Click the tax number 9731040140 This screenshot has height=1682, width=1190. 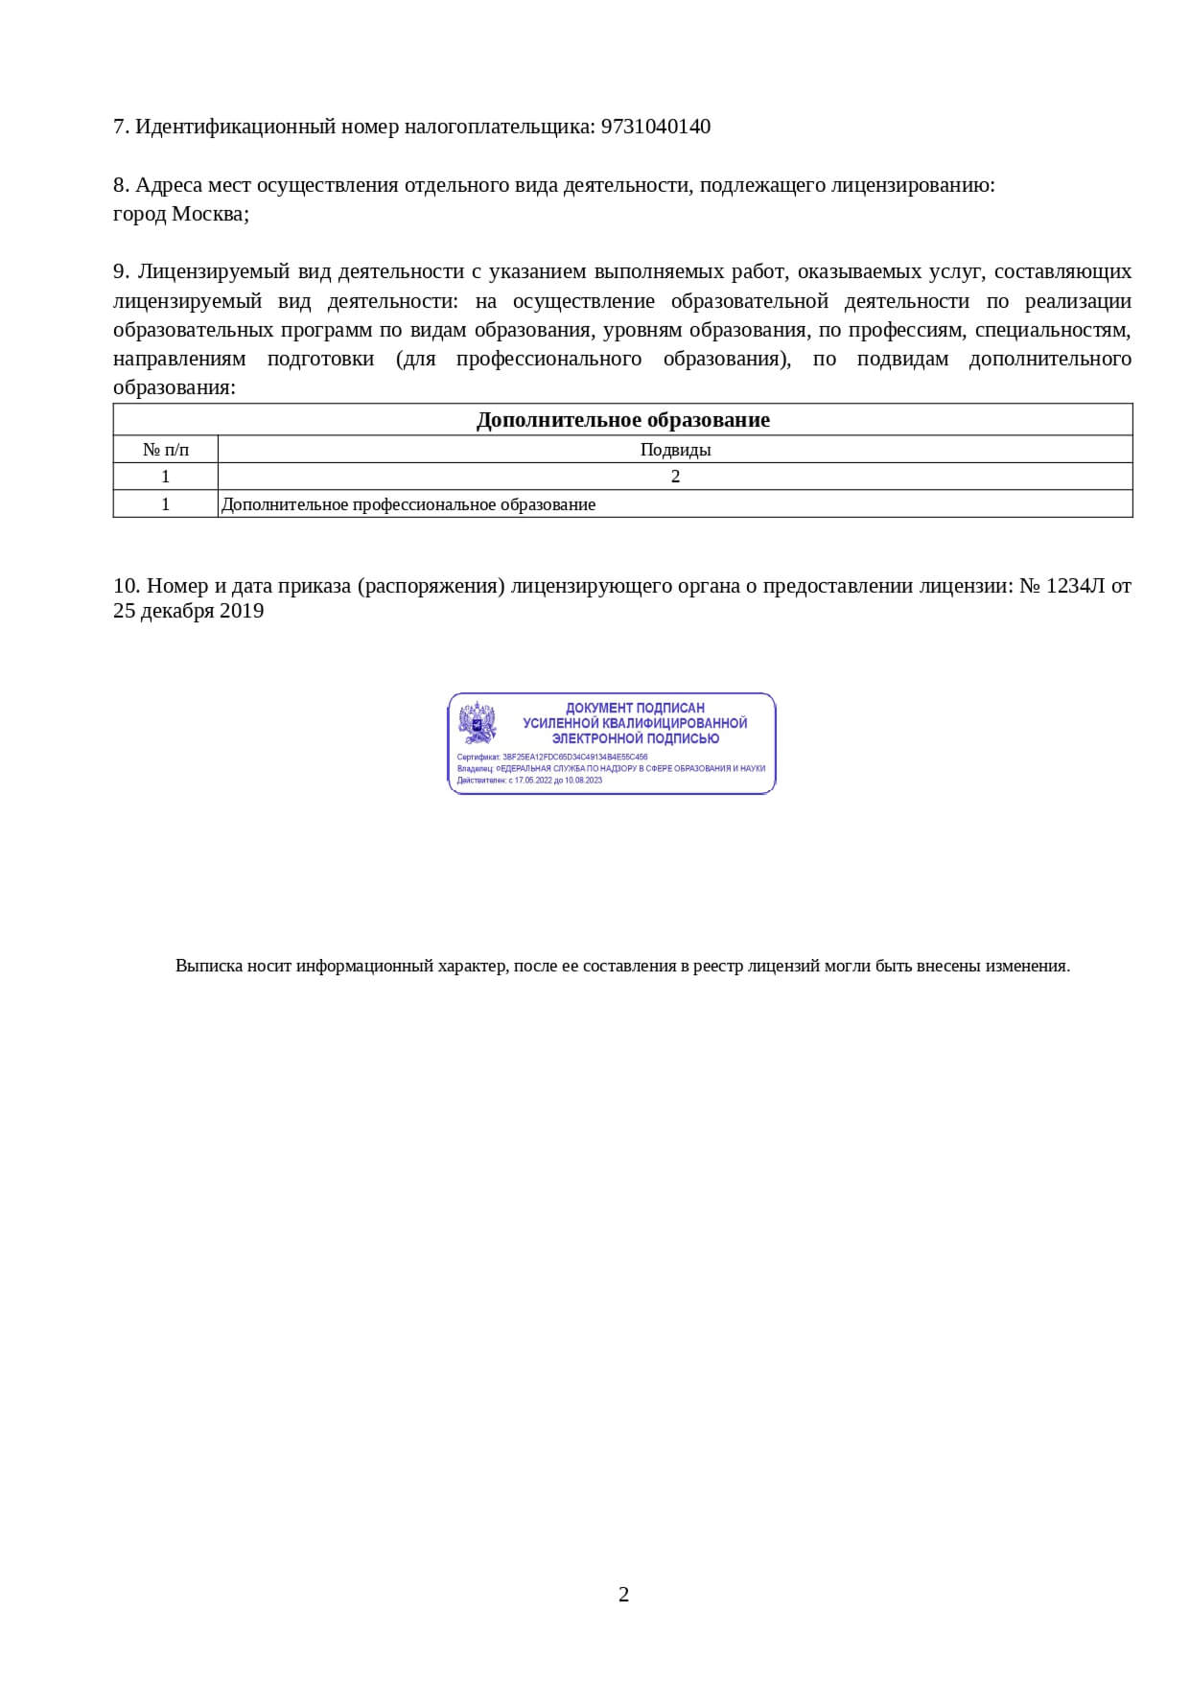point(655,127)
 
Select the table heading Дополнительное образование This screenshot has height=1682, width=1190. point(622,420)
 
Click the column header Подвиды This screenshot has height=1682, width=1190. point(675,449)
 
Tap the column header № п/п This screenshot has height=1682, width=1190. point(166,449)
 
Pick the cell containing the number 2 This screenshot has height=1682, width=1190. point(675,477)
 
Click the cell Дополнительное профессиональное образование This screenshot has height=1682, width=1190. point(408,504)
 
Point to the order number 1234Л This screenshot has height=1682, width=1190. point(1075,585)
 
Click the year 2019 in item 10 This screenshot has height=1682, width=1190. point(242,611)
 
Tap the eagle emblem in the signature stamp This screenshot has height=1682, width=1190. point(478,724)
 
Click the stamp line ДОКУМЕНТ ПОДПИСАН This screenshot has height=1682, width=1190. point(635,708)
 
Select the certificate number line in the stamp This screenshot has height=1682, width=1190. point(552,757)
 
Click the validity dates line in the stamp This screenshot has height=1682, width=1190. point(529,780)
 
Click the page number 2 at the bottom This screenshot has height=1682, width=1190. point(623,1595)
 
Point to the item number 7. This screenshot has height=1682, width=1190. point(119,127)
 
